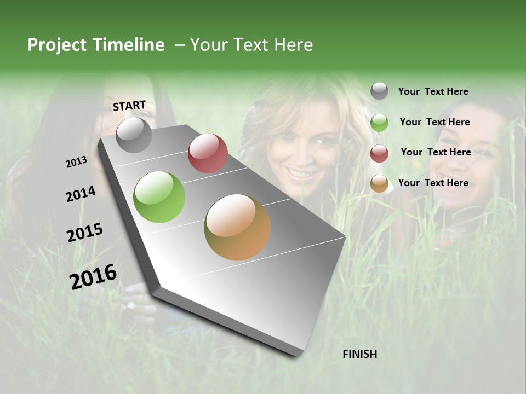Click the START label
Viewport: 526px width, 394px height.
129,106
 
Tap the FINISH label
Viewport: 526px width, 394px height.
359,354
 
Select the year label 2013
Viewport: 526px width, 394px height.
76,162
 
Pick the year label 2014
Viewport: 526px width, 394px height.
81,194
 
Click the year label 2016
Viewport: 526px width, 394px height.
93,276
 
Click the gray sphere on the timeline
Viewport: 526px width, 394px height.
134,135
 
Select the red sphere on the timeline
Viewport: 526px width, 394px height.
208,153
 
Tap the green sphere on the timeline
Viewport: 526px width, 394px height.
159,197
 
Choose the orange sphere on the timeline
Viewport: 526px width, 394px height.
237,227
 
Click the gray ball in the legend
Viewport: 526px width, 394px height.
379,91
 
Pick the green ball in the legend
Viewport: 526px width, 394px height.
379,123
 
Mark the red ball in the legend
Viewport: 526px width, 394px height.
379,153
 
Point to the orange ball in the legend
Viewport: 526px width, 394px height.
379,184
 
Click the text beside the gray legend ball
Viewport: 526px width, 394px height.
433,91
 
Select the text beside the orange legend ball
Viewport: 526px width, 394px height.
433,183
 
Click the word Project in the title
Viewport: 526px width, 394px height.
58,45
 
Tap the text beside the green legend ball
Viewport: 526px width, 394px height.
434,122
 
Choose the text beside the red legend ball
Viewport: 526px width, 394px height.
436,152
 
